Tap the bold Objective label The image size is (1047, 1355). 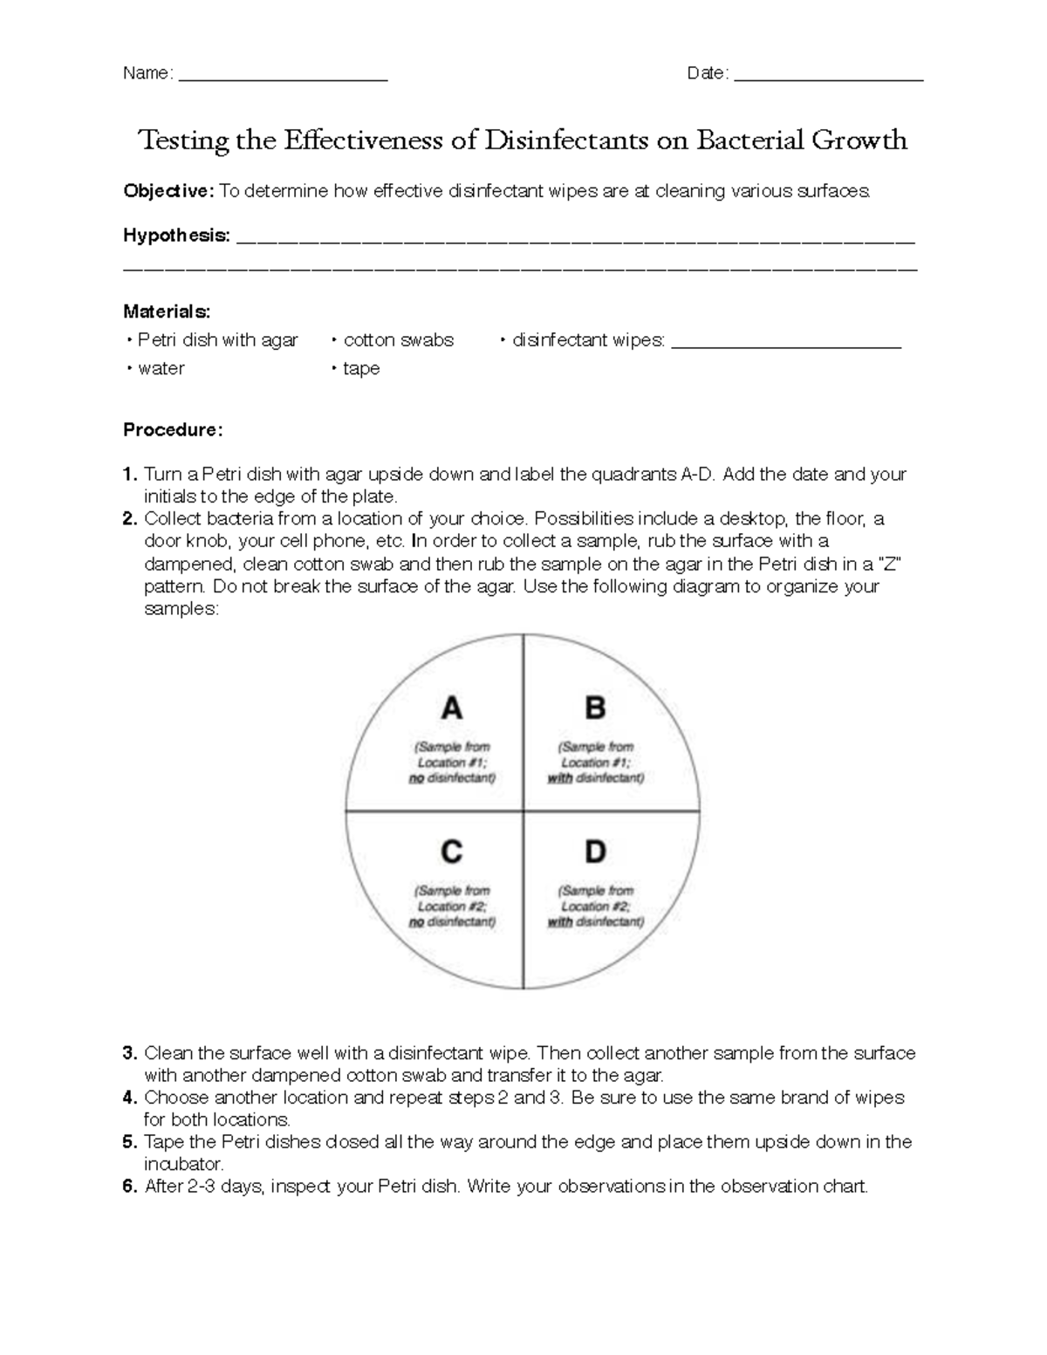tap(168, 191)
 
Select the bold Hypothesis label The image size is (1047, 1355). tap(176, 236)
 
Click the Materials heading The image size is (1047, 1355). tap(166, 311)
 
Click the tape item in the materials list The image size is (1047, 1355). tap(360, 369)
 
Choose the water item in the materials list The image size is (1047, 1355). tap(161, 369)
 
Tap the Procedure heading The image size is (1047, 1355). tap(173, 430)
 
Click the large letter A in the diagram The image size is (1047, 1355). tap(451, 708)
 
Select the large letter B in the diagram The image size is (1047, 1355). tap(595, 708)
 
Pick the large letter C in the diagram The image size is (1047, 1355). tap(451, 852)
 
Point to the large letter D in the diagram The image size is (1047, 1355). tap(595, 852)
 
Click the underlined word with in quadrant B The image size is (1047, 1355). tap(559, 778)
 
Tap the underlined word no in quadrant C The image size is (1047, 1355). tap(416, 922)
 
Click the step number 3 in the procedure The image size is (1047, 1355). tap(130, 1053)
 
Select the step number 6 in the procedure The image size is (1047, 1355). tap(130, 1187)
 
